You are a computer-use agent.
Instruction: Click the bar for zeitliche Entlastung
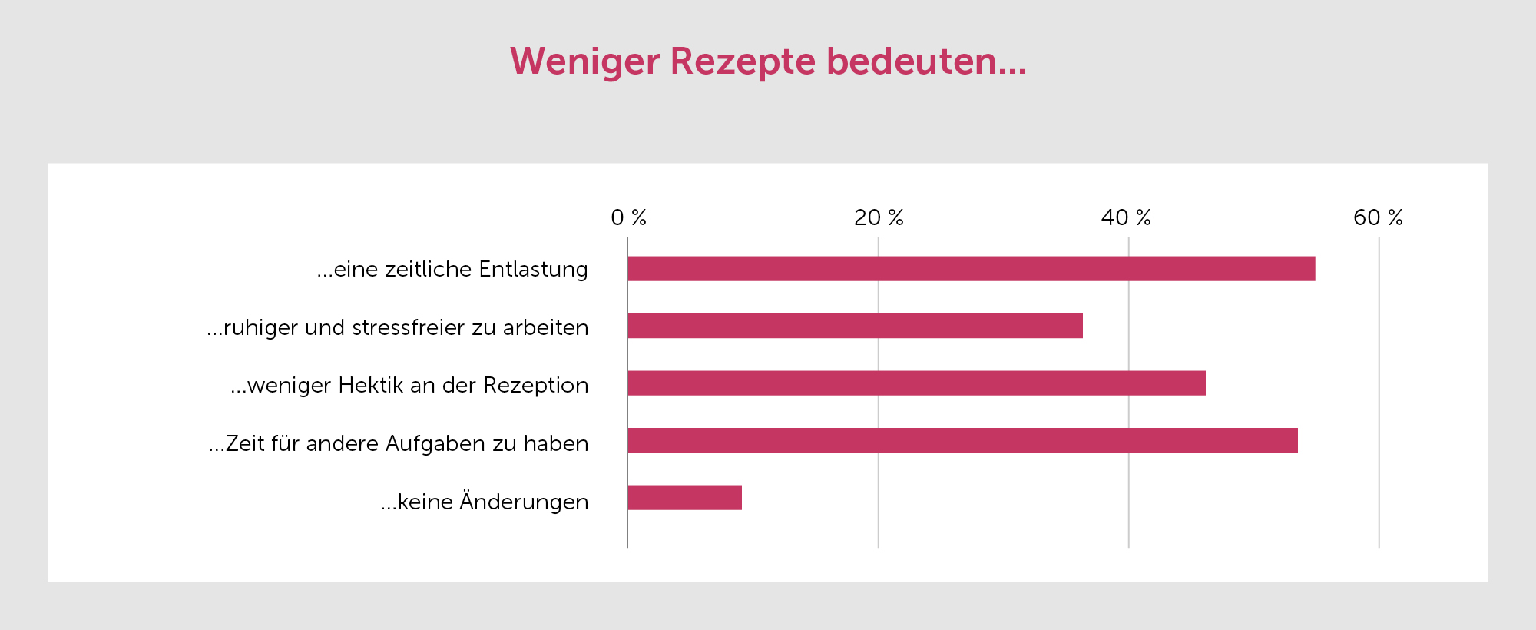(x=971, y=269)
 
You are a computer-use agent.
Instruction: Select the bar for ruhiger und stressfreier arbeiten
(x=855, y=326)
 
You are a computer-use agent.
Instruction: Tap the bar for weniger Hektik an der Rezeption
(x=916, y=383)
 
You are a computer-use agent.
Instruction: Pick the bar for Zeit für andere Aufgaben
(x=962, y=440)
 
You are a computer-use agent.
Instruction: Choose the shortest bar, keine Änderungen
(x=684, y=498)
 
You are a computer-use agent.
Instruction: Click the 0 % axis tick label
(x=628, y=218)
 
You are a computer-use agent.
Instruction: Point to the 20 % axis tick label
(x=879, y=218)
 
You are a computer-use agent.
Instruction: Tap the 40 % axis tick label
(x=1126, y=218)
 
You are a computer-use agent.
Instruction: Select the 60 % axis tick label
(x=1378, y=218)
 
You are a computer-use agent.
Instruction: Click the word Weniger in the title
(x=584, y=61)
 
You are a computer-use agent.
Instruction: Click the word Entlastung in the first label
(x=533, y=270)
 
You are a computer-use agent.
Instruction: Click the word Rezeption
(x=535, y=386)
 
